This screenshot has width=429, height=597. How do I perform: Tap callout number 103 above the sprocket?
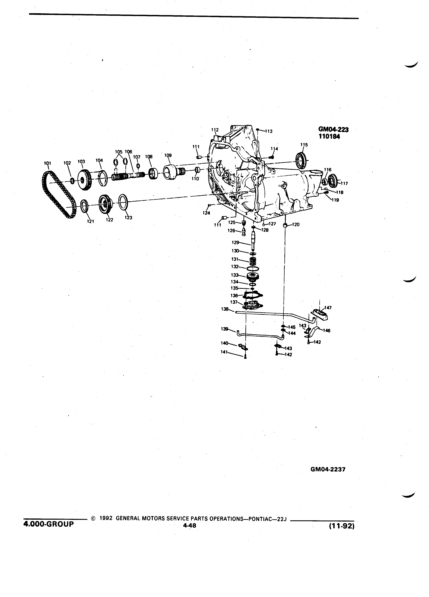[81, 161]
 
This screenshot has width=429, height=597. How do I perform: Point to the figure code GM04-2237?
[328, 469]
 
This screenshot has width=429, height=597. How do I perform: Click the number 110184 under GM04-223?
[329, 137]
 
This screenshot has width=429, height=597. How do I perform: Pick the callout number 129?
[235, 242]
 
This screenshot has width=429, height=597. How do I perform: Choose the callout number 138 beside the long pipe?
[225, 309]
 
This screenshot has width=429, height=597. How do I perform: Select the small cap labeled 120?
[285, 225]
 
